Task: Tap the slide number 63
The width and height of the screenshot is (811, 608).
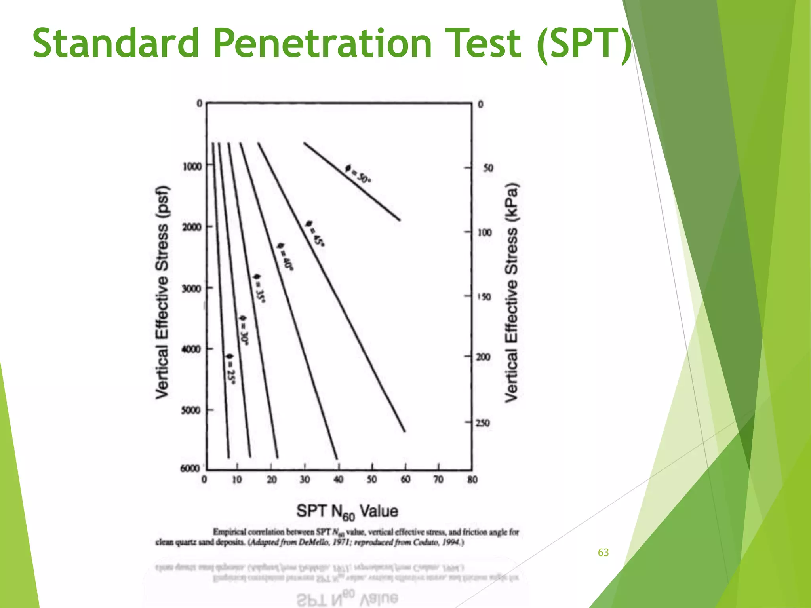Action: (603, 553)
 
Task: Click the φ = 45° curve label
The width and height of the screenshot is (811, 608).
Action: (316, 233)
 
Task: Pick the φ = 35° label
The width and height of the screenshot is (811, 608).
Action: (259, 288)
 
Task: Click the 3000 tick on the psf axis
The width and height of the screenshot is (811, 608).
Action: (192, 288)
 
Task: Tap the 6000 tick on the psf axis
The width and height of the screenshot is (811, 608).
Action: (190, 468)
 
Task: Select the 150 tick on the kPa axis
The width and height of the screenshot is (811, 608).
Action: (484, 296)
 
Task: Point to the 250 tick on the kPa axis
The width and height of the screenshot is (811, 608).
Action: (482, 423)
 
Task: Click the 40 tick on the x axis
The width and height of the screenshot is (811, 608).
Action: (338, 479)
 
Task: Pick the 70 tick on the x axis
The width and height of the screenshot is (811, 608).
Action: (438, 479)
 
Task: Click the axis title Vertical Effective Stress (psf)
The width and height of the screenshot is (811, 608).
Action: (162, 292)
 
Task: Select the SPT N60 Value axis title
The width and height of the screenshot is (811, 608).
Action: (347, 511)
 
